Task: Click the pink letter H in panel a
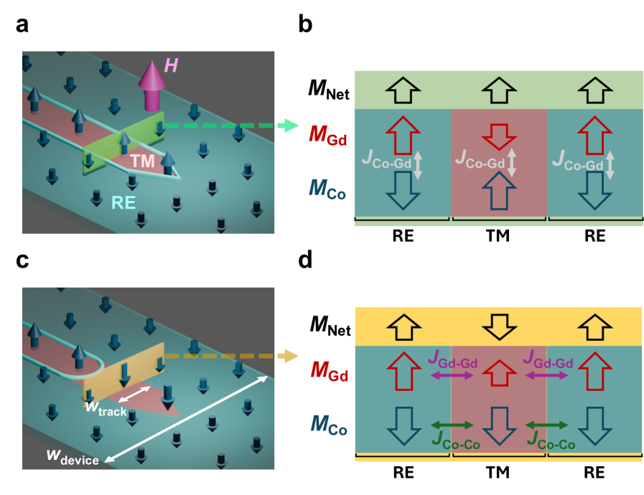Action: click(x=172, y=66)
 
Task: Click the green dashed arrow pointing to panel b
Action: click(x=230, y=126)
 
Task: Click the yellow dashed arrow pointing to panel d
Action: click(x=230, y=355)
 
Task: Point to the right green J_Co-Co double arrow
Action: click(x=544, y=424)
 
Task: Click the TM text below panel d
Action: click(x=498, y=473)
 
